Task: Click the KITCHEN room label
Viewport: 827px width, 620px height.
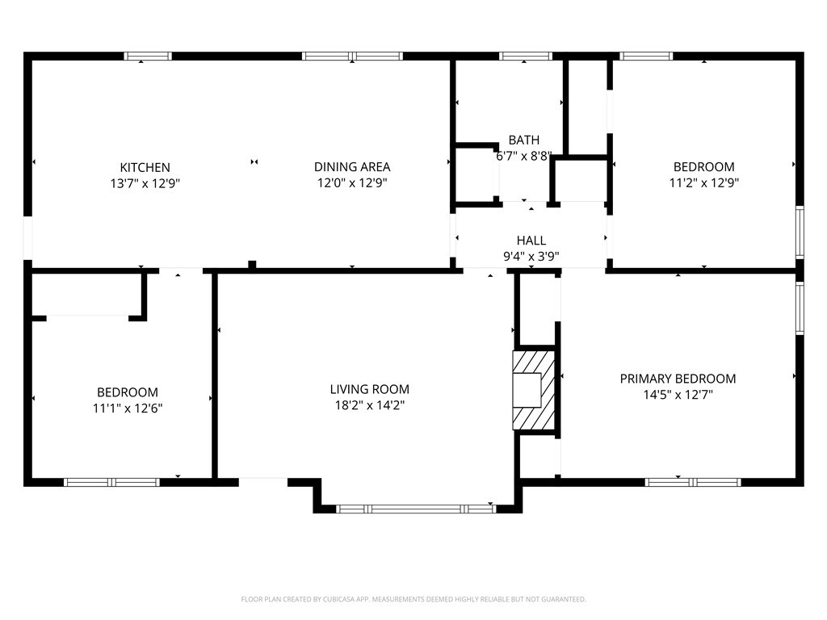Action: click(145, 168)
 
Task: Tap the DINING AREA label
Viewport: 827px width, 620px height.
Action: click(352, 167)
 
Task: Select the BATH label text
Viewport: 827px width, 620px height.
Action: click(523, 140)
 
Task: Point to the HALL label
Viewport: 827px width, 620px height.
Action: click(531, 241)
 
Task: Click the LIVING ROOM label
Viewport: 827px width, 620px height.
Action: click(369, 390)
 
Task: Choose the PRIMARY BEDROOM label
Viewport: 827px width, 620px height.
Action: click(678, 379)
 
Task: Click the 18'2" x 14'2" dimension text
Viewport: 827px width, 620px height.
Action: click(369, 405)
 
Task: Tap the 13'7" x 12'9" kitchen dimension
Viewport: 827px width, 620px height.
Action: click(145, 183)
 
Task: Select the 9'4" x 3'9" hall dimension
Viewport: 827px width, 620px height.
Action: click(531, 257)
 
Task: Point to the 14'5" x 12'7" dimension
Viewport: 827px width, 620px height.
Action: click(678, 394)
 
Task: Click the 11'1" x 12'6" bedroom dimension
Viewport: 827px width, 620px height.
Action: click(127, 408)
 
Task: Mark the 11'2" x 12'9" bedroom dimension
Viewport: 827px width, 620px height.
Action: click(703, 183)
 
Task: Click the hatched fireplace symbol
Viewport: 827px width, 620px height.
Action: click(534, 390)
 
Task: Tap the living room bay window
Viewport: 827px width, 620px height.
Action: click(416, 509)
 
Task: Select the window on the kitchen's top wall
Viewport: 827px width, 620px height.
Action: click(148, 56)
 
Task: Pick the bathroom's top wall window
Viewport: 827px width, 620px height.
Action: click(525, 56)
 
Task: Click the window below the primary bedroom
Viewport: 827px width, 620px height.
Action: click(692, 482)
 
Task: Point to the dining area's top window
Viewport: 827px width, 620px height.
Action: click(352, 56)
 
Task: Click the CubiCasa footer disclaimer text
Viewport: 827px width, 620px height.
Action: click(413, 599)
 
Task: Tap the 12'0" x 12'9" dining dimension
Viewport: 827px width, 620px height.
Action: click(352, 183)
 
